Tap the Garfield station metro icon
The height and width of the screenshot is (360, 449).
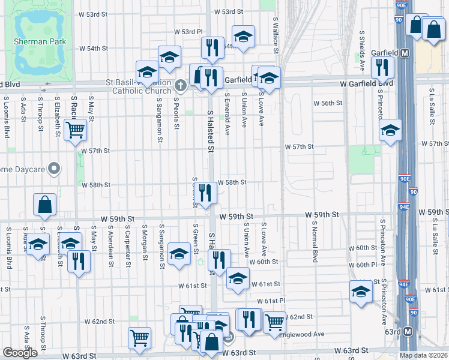[x=406, y=53]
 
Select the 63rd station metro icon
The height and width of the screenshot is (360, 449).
[x=409, y=331]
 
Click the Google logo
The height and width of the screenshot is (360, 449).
[x=20, y=353]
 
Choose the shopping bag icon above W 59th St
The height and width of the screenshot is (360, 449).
[x=45, y=205]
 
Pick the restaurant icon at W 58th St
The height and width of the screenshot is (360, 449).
[x=205, y=192]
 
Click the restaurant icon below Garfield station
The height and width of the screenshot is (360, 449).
[x=382, y=68]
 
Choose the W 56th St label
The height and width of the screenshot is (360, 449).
[x=330, y=103]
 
